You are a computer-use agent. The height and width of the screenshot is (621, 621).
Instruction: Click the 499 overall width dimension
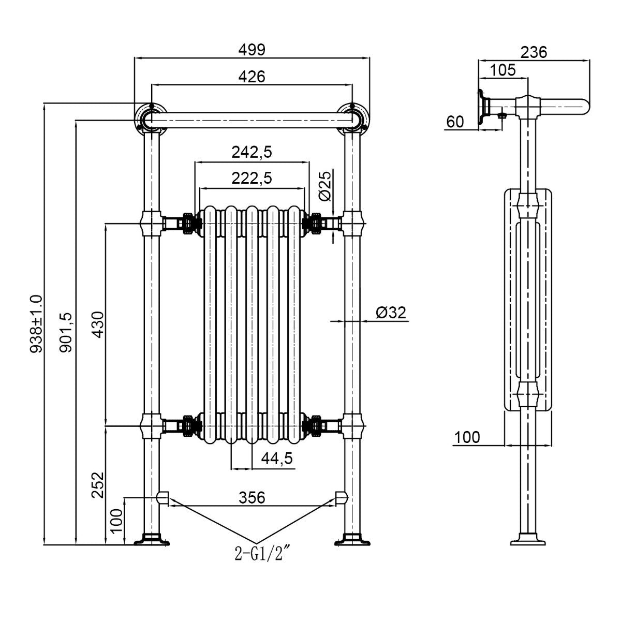point(252,50)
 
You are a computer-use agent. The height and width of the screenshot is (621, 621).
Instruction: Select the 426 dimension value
point(252,77)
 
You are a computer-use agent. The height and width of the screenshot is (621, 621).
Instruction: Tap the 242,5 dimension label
point(252,152)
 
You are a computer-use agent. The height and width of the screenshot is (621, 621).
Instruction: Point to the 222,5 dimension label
point(252,178)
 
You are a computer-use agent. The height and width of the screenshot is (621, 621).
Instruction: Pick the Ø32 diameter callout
point(391,312)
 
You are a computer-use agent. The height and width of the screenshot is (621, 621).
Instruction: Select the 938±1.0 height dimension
point(36,323)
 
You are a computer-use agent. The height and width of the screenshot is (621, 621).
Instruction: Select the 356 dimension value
point(252,498)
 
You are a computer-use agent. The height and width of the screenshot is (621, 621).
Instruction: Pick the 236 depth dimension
point(534,52)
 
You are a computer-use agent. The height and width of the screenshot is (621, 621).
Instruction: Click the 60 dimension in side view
point(454,122)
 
